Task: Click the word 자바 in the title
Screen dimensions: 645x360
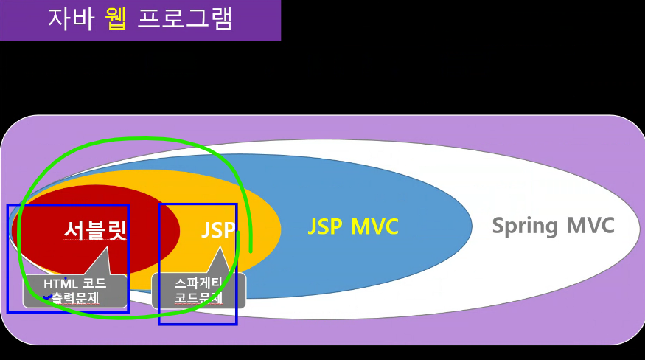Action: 71,18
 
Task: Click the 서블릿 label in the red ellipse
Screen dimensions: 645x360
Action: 95,229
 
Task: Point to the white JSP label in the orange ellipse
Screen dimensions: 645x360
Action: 217,229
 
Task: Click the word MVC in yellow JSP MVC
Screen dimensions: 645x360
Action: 374,226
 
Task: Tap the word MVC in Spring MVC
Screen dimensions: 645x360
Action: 590,225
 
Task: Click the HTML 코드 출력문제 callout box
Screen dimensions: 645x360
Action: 74,291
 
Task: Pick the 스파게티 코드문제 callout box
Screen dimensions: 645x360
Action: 198,291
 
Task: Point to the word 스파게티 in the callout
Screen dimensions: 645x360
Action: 199,283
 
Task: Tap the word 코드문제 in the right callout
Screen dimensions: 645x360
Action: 198,299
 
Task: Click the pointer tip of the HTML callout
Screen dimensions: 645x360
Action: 108,247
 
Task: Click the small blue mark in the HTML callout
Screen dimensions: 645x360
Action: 48,297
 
